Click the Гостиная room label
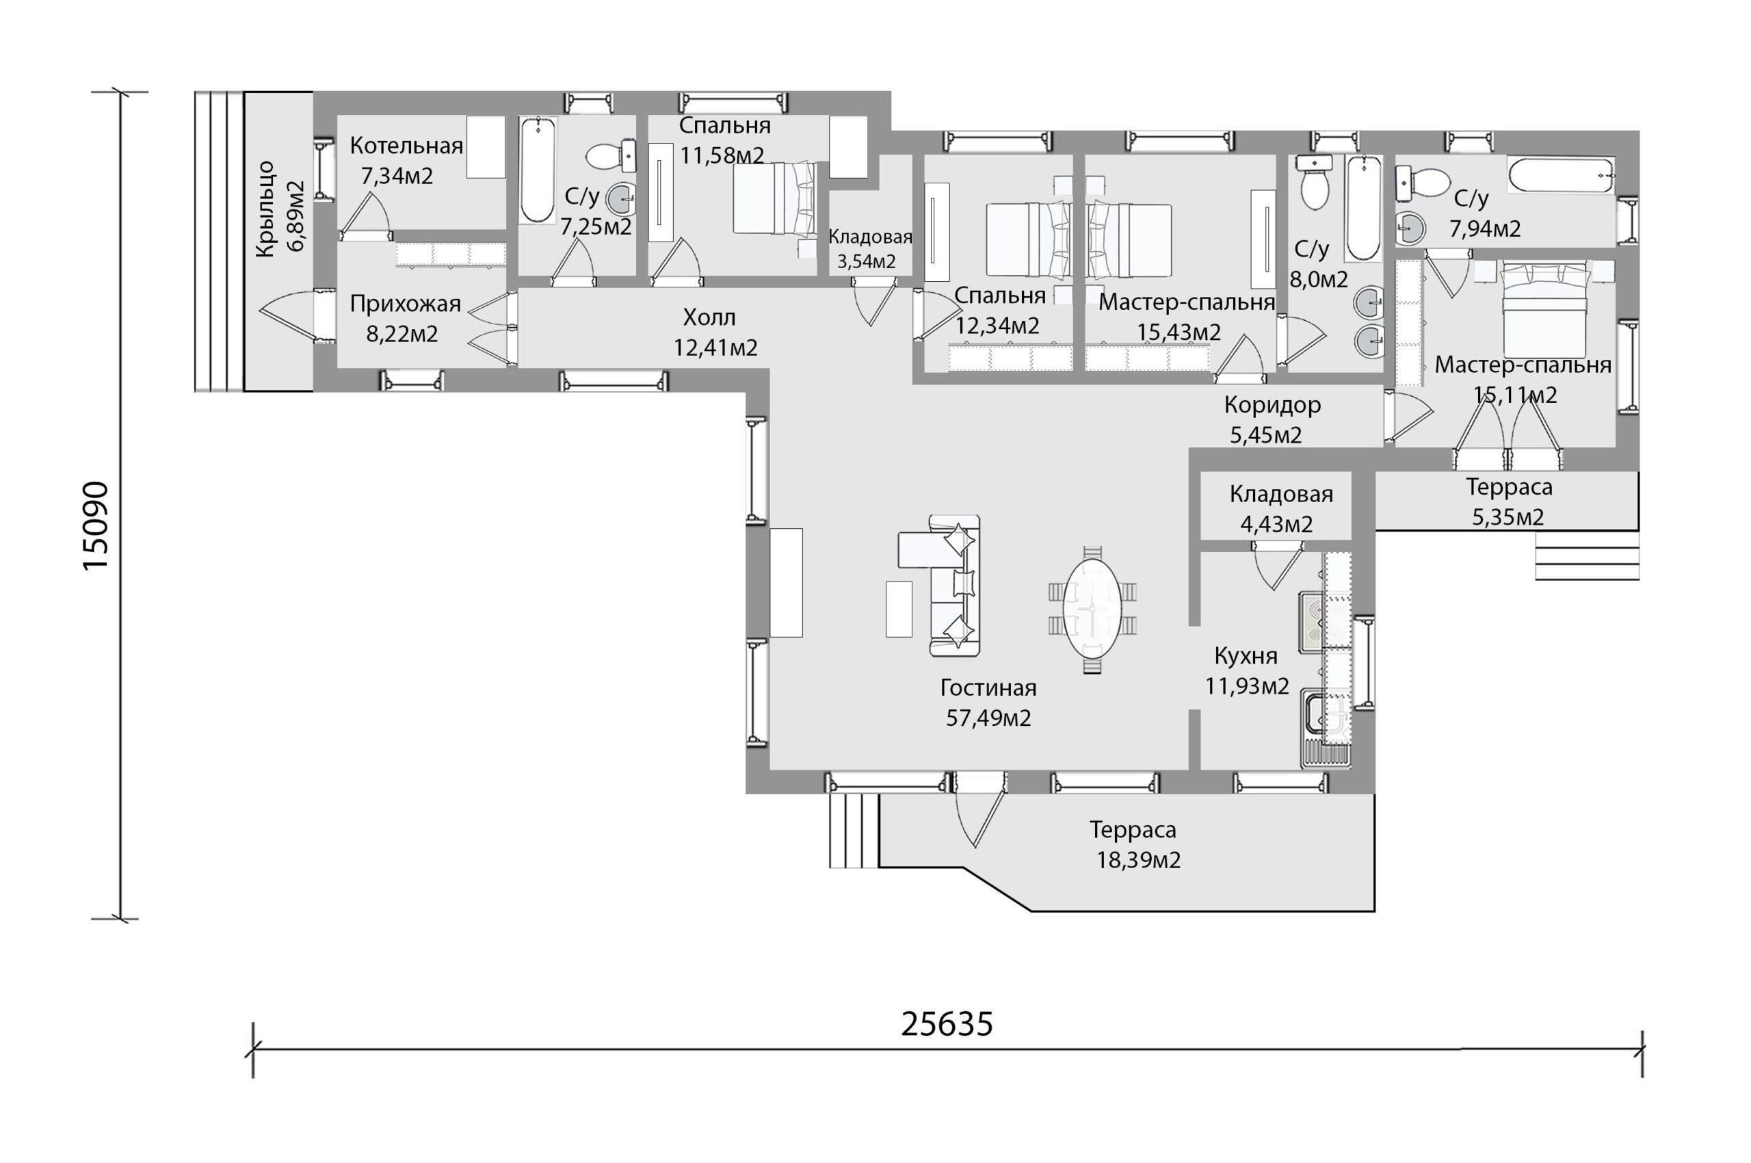coord(988,688)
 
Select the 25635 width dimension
coord(947,1024)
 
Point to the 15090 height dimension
coord(96,526)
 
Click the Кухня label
coord(1246,655)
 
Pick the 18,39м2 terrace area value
coord(1138,861)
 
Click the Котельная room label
coord(406,145)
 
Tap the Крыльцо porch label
coord(265,210)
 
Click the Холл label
coord(709,317)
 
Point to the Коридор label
coord(1272,405)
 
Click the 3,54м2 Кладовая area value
coord(866,261)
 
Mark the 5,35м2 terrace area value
coord(1508,517)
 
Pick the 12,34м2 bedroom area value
coord(997,326)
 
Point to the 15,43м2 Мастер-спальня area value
coord(1179,332)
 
